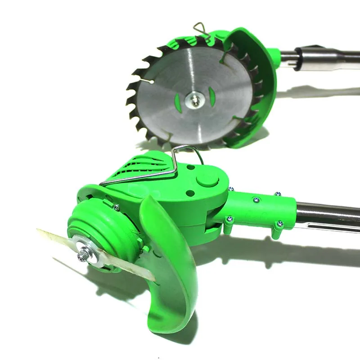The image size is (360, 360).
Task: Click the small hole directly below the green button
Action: click(x=191, y=193)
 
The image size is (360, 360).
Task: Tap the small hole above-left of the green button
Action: click(x=191, y=167)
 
